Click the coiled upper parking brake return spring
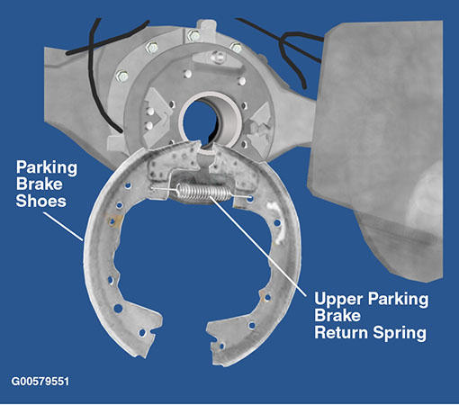tap(204, 192)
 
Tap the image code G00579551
tap(40, 382)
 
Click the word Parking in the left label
tap(47, 167)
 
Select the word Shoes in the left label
tap(40, 201)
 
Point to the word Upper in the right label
tap(338, 299)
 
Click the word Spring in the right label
tap(400, 333)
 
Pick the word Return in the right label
tap(341, 332)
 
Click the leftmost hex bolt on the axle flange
tap(121, 76)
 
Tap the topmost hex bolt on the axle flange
tap(193, 36)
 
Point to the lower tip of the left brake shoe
tap(143, 356)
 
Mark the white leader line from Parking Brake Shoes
tap(63, 227)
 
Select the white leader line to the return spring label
tap(258, 246)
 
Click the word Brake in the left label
tap(39, 184)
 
